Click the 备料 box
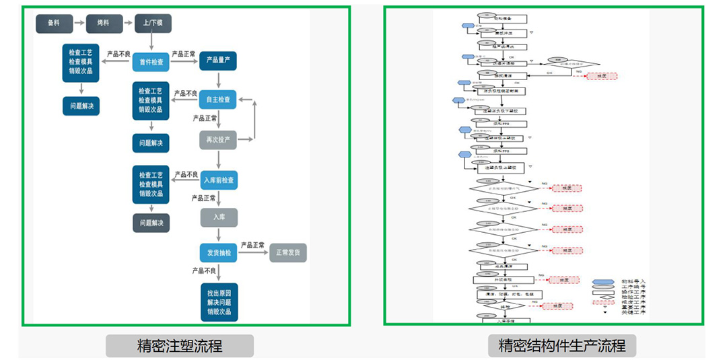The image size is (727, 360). coord(55,24)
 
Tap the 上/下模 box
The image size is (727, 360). coord(153,24)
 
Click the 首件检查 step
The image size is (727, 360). coord(151,62)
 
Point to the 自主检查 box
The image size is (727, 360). coord(218,100)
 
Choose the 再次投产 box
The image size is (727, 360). coord(218,139)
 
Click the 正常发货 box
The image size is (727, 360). coord(288,253)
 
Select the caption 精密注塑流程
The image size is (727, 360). coord(180,346)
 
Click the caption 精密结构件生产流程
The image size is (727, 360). coord(561,346)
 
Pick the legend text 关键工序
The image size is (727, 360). coord(633,313)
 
